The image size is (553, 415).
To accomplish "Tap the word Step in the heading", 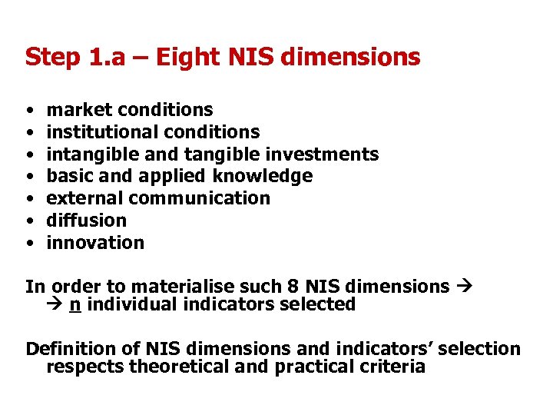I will tap(50, 57).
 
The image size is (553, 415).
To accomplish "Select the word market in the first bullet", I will tap(80, 110).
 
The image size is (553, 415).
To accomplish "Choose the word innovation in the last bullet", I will tap(95, 243).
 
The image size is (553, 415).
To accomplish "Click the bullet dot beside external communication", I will tap(28, 198).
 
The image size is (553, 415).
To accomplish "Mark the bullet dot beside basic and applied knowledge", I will tap(28, 176).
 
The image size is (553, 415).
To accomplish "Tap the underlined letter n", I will tap(75, 304).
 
